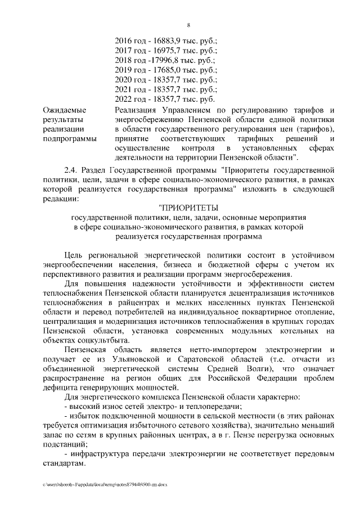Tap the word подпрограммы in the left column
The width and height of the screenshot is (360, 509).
coord(69,138)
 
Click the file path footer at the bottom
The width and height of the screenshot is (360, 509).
coord(101,484)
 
